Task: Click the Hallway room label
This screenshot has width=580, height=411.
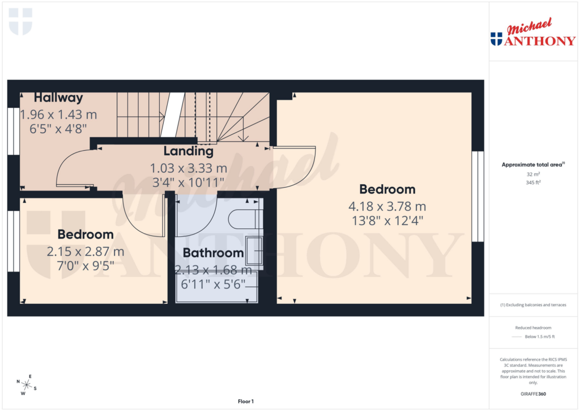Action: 58,98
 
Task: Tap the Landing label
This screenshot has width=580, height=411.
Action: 188,151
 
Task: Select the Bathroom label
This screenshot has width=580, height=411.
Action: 213,253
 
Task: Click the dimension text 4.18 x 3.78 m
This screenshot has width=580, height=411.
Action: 387,206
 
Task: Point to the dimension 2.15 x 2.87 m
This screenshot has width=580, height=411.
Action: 86,251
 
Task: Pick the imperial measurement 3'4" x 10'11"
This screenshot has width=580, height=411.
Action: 188,182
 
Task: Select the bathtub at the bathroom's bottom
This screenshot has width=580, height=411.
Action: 217,286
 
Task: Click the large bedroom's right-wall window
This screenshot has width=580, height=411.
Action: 477,196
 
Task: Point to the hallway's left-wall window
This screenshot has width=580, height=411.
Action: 12,131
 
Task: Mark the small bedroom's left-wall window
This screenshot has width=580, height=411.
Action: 12,241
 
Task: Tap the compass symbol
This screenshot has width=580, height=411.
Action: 27,385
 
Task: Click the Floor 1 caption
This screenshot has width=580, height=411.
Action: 245,401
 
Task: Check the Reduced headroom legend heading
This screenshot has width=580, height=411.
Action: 533,328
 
